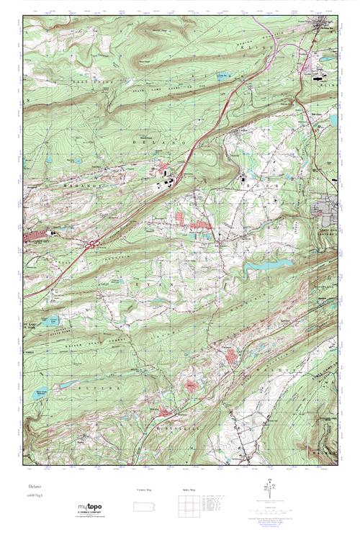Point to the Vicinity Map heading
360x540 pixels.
click(x=143, y=490)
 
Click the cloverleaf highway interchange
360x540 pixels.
click(x=93, y=246)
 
